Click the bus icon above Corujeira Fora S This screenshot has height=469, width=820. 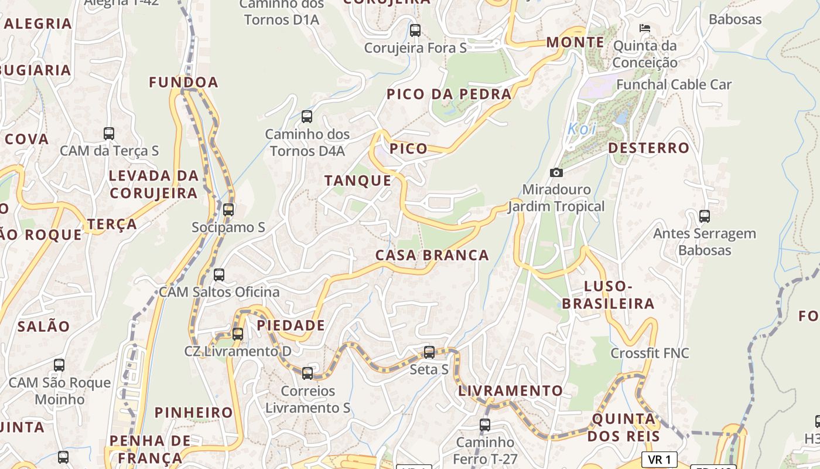(415, 30)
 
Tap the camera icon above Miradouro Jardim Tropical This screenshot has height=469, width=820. (556, 172)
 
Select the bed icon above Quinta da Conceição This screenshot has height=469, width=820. (645, 28)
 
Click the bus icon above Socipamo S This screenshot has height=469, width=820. (228, 209)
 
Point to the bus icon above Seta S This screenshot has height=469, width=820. (429, 352)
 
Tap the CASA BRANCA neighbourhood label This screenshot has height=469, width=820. (432, 255)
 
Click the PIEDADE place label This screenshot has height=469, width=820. (291, 325)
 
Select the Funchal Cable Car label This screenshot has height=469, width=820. (674, 84)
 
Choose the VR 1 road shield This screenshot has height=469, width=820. (660, 460)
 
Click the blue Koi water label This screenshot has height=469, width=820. (582, 129)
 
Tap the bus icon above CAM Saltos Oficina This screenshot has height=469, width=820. (219, 274)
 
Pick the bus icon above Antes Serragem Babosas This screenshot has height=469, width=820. (705, 216)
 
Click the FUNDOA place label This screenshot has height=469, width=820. (183, 83)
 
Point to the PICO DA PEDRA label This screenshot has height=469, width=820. (449, 94)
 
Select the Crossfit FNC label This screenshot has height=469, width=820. (650, 353)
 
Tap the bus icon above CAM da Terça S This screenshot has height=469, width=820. (109, 133)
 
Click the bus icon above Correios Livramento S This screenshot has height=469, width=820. (307, 373)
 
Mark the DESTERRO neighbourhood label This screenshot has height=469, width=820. (648, 148)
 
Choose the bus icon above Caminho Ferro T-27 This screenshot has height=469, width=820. (485, 424)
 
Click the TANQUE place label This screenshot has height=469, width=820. (358, 181)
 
